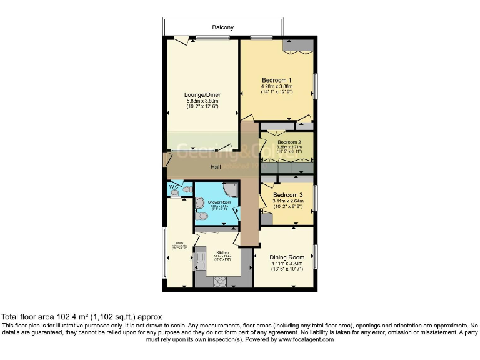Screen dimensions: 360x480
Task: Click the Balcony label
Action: tap(223, 28)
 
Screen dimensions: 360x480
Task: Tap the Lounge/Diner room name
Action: tap(202, 94)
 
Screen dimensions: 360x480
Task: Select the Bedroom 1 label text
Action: tap(276, 80)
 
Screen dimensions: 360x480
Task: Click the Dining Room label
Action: tap(287, 257)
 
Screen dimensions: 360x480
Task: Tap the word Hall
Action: tap(216, 167)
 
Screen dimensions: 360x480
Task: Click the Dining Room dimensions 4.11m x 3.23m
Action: tap(287, 264)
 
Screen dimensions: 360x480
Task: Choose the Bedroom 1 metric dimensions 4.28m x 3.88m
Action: tap(277, 86)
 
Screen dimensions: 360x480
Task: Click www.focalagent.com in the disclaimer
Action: tap(306, 340)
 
